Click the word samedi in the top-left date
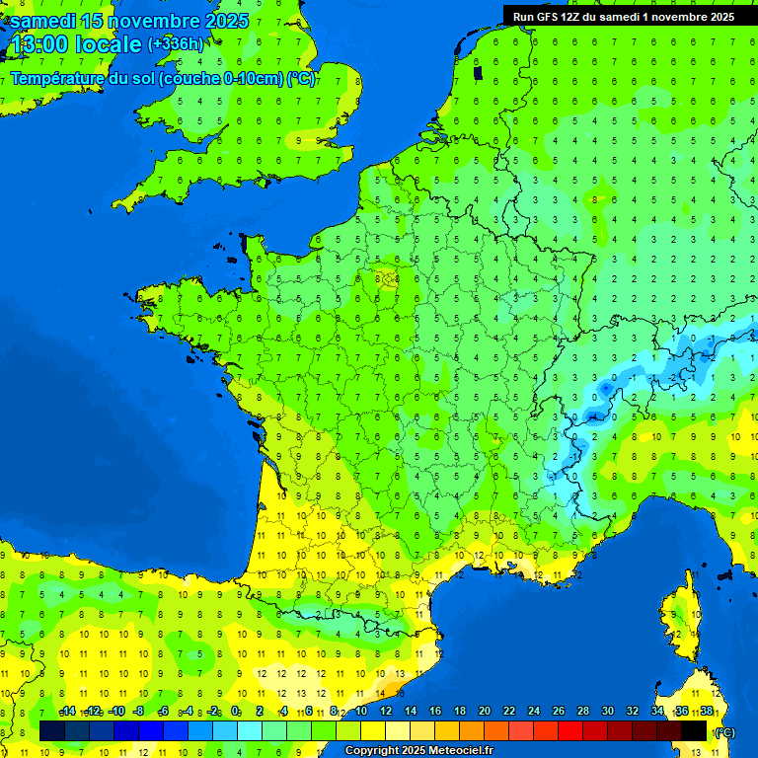click(42, 21)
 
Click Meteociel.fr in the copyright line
click(454, 751)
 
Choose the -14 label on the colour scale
click(67, 712)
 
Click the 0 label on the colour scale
click(236, 712)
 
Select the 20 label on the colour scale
click(484, 712)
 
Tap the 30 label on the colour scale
click(607, 712)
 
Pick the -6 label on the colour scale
click(164, 712)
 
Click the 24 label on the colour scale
click(533, 712)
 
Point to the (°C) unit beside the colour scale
click(724, 732)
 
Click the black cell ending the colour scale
click(694, 730)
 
